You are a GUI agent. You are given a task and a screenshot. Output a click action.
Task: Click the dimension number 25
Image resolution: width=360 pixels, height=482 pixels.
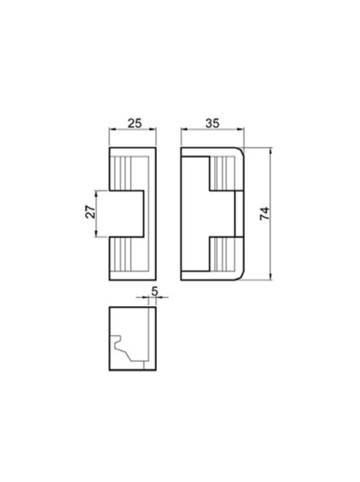(x=135, y=123)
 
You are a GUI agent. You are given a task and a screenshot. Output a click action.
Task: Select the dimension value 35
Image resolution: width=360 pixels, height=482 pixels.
(x=212, y=123)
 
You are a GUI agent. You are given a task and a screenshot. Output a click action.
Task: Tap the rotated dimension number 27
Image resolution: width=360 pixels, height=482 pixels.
(x=90, y=212)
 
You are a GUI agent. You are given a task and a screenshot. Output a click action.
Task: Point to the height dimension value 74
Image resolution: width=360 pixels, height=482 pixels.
(x=264, y=214)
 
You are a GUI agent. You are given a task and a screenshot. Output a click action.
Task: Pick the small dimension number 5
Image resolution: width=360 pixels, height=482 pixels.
(x=154, y=291)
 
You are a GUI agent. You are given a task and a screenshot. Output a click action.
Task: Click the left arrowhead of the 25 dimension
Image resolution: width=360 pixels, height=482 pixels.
(x=112, y=129)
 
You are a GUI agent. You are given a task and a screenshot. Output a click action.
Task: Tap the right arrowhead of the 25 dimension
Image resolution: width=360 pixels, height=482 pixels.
(x=153, y=129)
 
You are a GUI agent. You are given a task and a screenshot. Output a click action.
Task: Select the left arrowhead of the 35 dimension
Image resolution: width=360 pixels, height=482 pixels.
(x=184, y=129)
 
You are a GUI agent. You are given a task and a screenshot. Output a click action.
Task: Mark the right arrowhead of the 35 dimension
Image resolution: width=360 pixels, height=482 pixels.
(x=241, y=129)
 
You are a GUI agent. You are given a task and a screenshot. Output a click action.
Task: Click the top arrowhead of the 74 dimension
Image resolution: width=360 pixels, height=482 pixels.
(x=271, y=151)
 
